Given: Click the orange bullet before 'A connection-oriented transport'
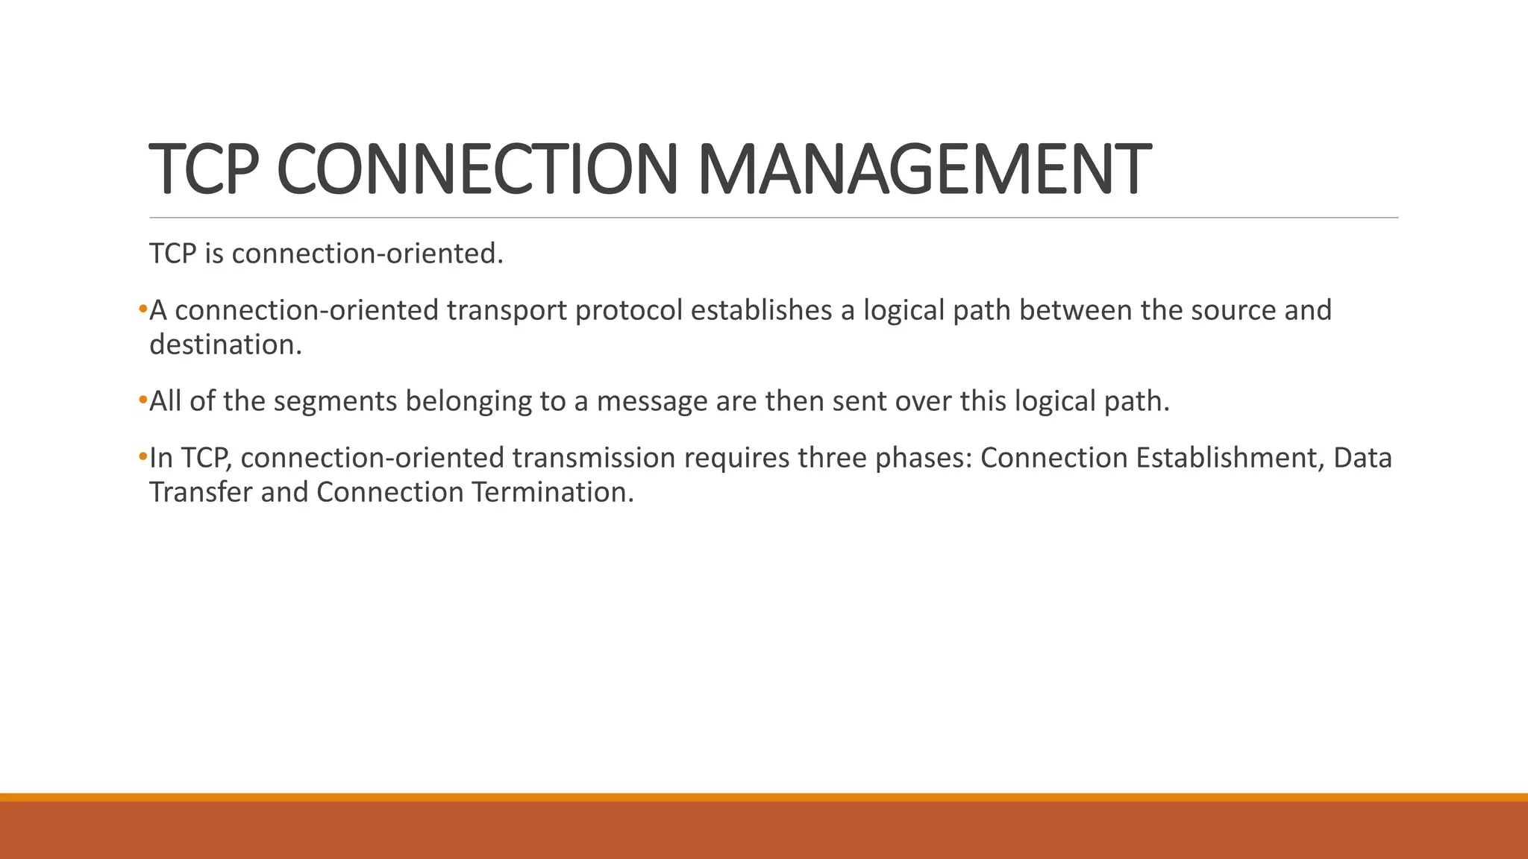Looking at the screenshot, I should (143, 309).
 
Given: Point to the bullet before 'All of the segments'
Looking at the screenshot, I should (143, 400).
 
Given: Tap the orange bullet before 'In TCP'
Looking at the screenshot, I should (143, 456).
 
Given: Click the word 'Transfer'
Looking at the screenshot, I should (201, 492).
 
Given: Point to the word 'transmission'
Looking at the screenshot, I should (593, 458).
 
